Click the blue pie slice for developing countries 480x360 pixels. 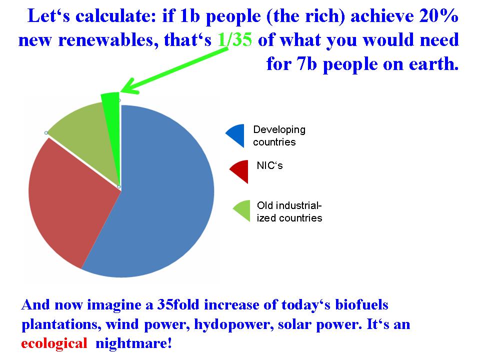point(159,196)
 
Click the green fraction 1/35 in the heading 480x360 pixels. point(235,40)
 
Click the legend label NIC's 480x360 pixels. point(269,165)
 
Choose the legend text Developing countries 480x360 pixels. point(279,135)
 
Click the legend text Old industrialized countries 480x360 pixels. point(289,211)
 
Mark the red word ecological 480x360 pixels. point(54,343)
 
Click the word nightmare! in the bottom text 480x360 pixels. point(133,343)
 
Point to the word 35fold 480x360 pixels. point(178,304)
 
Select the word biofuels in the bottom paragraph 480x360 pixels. point(361,304)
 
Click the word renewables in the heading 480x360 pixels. point(108,40)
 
